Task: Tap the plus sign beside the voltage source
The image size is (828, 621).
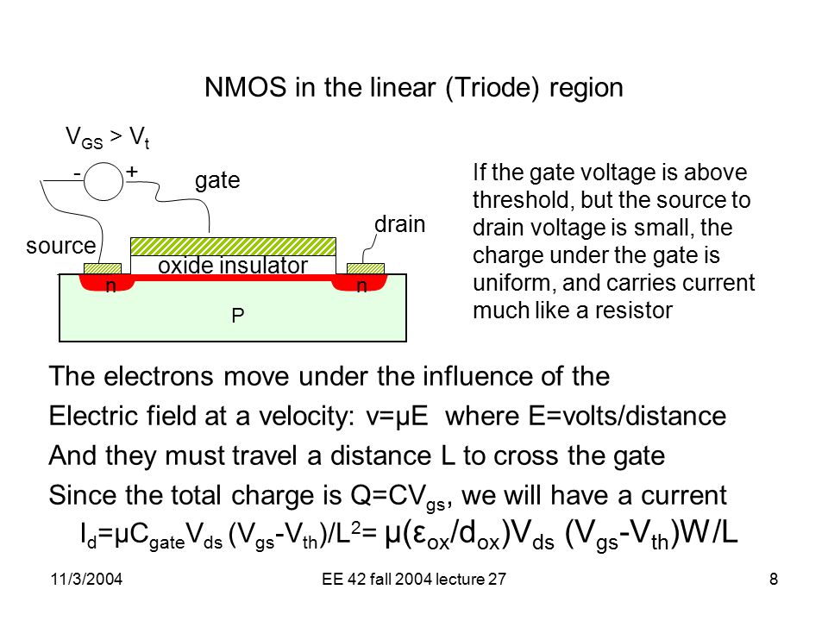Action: click(132, 171)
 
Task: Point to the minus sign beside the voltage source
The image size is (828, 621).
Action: click(77, 173)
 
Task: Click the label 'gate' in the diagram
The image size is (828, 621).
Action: click(217, 181)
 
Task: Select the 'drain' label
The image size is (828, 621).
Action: click(399, 224)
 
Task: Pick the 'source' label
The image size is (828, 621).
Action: click(61, 246)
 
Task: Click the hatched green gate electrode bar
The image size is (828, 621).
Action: click(233, 247)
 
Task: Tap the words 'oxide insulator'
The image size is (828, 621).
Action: click(232, 265)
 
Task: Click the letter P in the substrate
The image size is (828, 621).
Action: click(238, 316)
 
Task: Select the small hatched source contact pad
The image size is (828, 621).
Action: click(103, 269)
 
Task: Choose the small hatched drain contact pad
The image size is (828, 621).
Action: click(366, 269)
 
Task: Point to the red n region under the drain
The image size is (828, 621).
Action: click(361, 283)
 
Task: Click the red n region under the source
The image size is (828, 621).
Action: click(107, 283)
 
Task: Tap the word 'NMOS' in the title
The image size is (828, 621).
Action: click(246, 87)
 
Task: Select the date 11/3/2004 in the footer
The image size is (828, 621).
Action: click(86, 580)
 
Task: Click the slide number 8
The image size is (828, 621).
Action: click(774, 580)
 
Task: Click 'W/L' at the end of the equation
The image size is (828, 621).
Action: click(709, 533)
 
